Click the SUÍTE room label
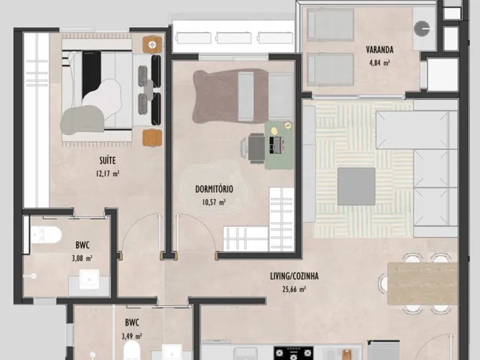[107, 160]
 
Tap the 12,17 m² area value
[107, 174]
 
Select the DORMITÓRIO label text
[214, 189]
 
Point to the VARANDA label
[379, 49]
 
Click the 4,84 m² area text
[379, 63]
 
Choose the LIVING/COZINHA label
[294, 276]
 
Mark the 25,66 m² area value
[294, 289]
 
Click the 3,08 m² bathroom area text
[82, 258]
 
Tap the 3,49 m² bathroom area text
[132, 337]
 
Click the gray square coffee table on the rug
[356, 187]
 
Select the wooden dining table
[422, 283]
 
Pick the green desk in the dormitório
[279, 145]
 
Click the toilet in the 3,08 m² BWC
[46, 235]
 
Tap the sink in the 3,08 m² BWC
[89, 279]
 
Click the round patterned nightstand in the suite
[152, 45]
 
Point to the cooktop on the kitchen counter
[293, 353]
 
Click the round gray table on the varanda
[421, 28]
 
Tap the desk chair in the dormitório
[255, 148]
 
